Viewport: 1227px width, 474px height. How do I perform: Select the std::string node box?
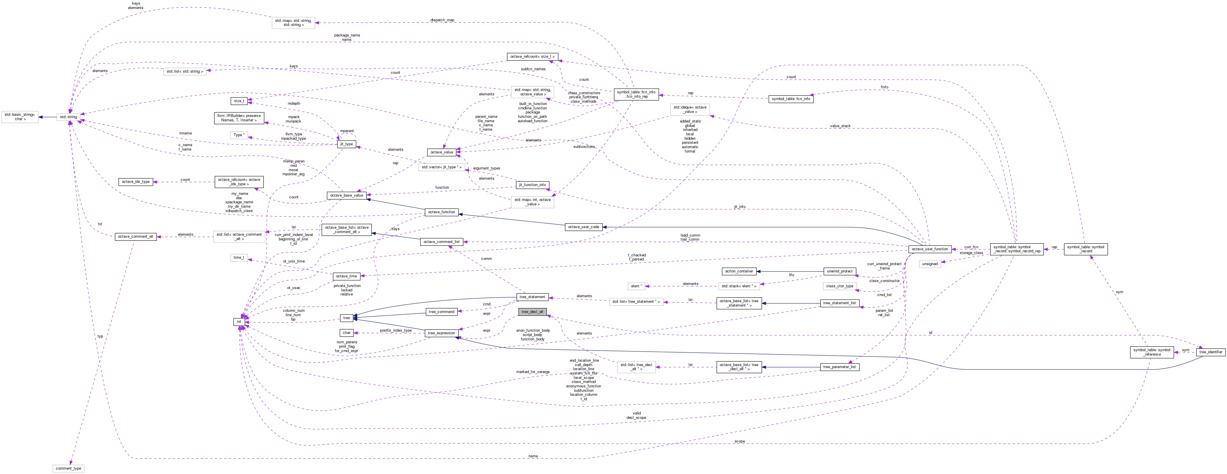pyautogui.click(x=69, y=117)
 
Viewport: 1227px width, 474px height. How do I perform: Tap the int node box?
pyautogui.click(x=239, y=321)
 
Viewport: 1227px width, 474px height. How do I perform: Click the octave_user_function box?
pyautogui.click(x=930, y=249)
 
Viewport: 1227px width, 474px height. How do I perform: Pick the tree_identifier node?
pyautogui.click(x=1210, y=352)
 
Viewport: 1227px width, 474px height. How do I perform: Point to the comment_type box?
pyautogui.click(x=69, y=468)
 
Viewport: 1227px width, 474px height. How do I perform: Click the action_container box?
pyautogui.click(x=739, y=271)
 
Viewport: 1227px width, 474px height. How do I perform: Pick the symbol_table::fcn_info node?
pyautogui.click(x=791, y=99)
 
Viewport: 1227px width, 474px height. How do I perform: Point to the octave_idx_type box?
pyautogui.click(x=136, y=181)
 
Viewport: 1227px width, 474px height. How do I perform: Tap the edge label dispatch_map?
pyautogui.click(x=442, y=20)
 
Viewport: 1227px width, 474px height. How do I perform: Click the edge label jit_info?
pyautogui.click(x=739, y=207)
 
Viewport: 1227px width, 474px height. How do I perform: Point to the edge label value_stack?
pyautogui.click(x=840, y=126)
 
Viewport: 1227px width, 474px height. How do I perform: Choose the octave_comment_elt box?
pyautogui.click(x=136, y=236)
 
